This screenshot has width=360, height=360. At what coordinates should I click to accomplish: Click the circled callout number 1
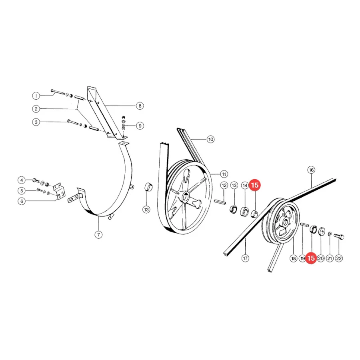36,96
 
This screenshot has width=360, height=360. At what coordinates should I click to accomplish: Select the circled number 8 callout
140,106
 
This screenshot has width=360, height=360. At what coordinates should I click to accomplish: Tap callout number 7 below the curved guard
98,235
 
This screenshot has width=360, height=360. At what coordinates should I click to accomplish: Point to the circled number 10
210,139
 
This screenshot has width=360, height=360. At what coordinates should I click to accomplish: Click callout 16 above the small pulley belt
311,170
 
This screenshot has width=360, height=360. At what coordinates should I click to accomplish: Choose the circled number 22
339,258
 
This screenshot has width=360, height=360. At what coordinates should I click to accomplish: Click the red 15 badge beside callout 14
255,185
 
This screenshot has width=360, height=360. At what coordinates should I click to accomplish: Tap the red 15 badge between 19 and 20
311,258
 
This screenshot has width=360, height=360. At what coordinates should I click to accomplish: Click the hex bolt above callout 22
339,236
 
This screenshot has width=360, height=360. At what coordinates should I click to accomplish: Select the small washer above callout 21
329,234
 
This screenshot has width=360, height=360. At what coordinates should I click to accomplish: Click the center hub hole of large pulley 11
185,196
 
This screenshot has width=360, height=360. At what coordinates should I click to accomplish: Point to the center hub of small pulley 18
286,222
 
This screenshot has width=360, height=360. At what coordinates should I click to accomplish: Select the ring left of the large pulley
148,187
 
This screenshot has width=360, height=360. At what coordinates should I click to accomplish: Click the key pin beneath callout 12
220,202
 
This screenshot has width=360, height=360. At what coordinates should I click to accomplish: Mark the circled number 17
246,258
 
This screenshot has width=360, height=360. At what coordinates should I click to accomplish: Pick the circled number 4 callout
22,180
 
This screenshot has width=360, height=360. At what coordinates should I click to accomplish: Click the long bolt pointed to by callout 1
58,92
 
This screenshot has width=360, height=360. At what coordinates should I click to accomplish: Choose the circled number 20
321,258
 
